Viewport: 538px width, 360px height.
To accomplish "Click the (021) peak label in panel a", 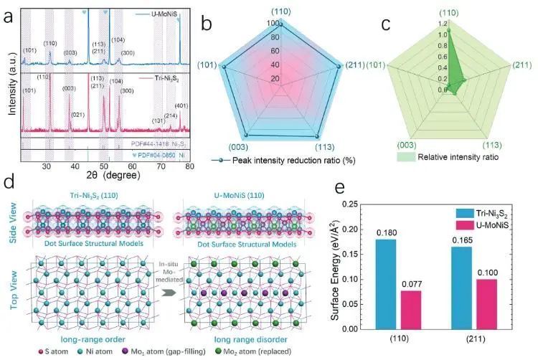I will pos(79,114).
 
